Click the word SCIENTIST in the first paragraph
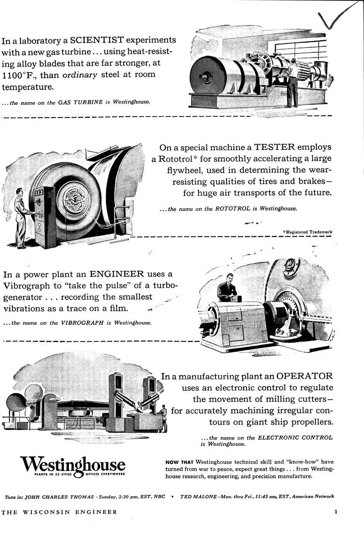coord(97,40)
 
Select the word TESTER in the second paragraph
coord(274,147)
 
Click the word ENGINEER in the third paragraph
coord(116,274)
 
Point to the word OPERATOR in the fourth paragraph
coord(304,376)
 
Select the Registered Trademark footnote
coord(308,232)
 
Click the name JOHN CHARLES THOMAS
coord(59,496)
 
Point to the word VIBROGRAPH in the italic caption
coord(82,323)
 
